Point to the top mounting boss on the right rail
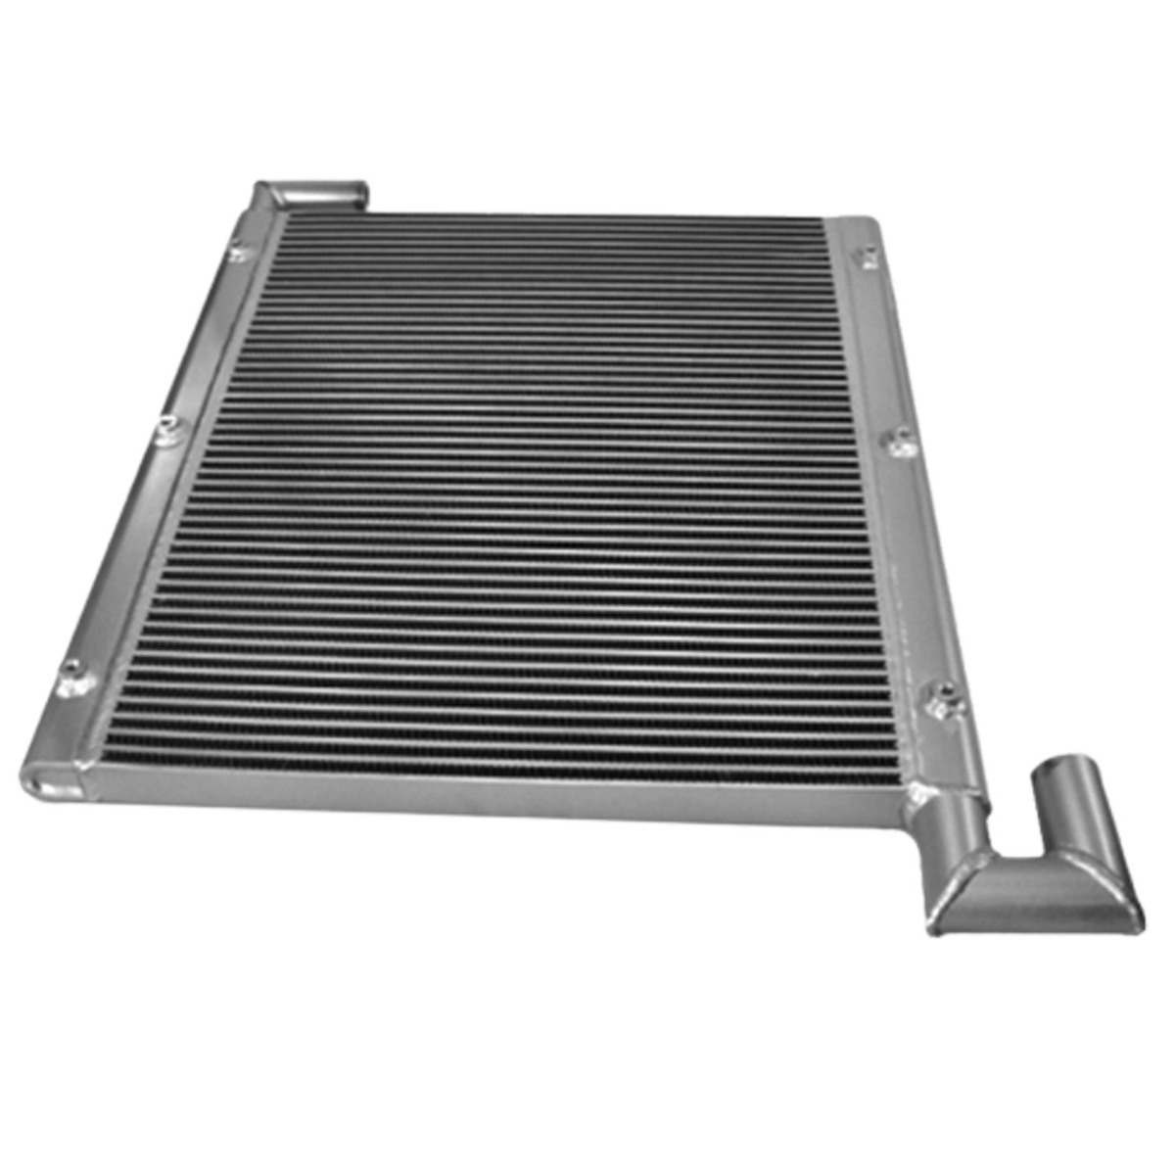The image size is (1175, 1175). pos(868,258)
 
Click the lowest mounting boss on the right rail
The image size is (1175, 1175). pos(944,696)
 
